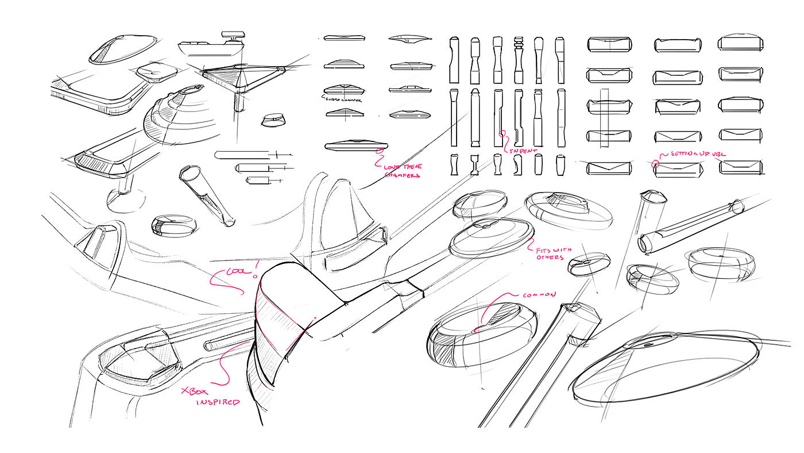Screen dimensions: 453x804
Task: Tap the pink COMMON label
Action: [x=539, y=294]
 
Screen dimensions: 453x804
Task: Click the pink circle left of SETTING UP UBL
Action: [x=655, y=164]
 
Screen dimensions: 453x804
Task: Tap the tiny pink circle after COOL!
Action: [x=255, y=276]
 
